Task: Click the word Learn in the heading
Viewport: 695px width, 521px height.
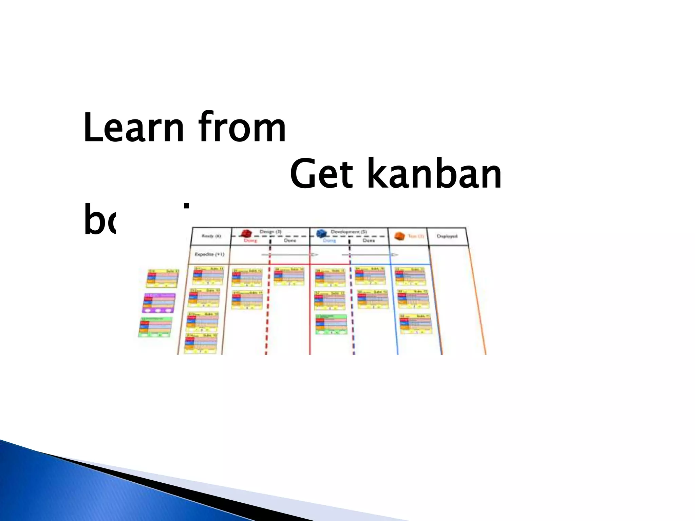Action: click(134, 128)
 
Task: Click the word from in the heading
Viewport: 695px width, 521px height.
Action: click(242, 128)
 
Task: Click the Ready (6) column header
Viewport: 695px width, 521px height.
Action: click(211, 236)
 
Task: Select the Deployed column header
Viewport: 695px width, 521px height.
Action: click(447, 236)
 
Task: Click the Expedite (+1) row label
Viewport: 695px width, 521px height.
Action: click(209, 254)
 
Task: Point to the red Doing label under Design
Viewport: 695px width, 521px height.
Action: click(250, 240)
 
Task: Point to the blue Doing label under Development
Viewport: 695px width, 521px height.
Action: click(329, 240)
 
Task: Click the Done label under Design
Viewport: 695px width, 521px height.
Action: click(290, 240)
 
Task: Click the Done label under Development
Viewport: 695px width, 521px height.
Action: click(369, 240)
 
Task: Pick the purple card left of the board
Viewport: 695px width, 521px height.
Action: click(159, 303)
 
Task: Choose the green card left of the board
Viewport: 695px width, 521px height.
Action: click(155, 327)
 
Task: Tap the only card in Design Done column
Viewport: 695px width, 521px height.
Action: click(289, 276)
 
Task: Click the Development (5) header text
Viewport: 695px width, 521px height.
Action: click(349, 232)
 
